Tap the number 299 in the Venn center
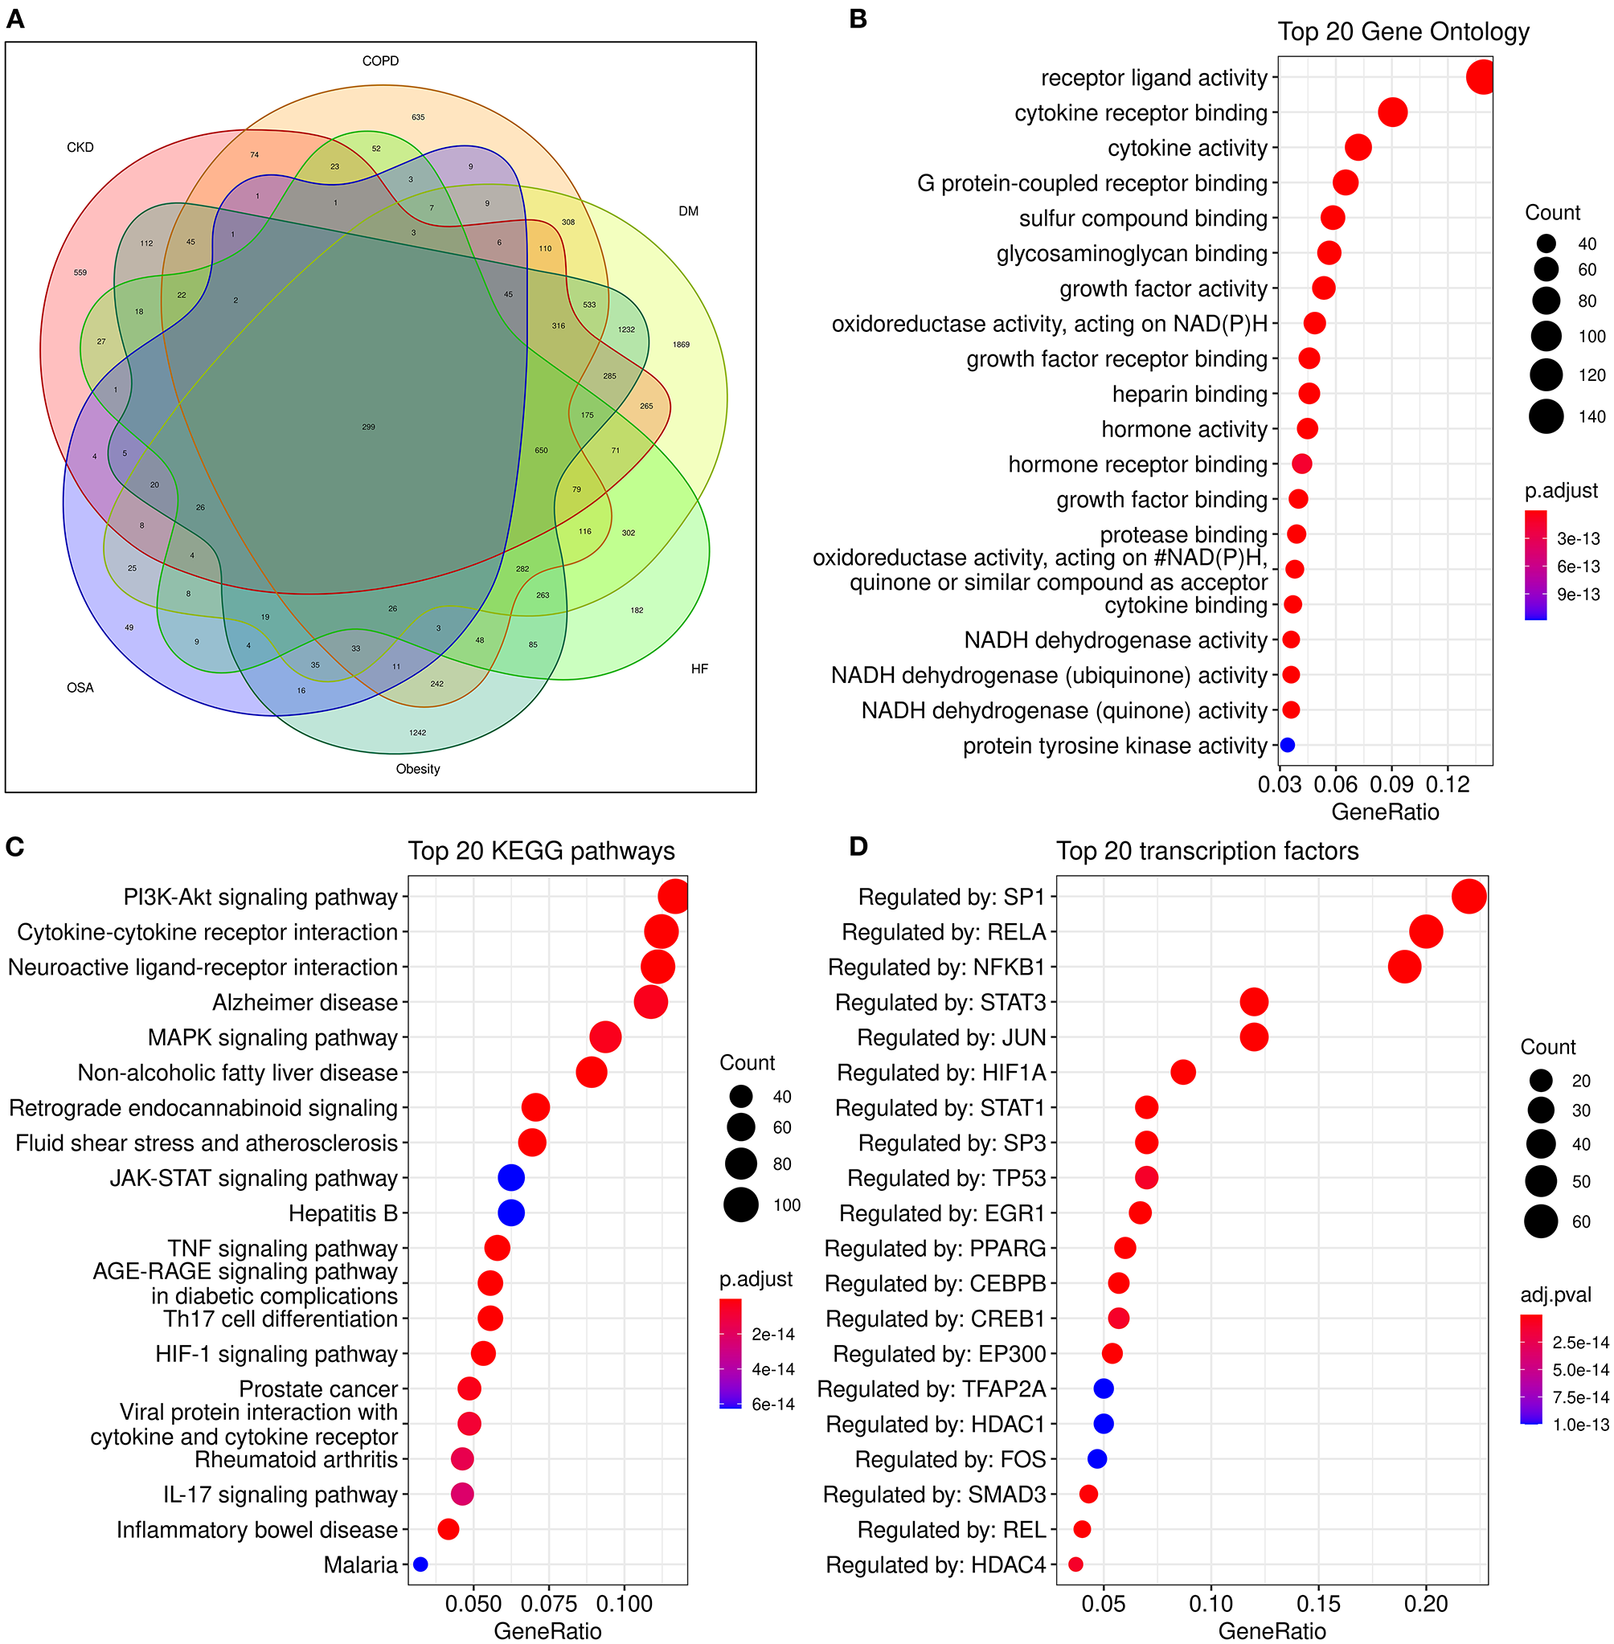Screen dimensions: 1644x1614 click(368, 427)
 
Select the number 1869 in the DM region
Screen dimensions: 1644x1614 click(681, 345)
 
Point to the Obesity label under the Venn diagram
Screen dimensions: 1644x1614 click(418, 769)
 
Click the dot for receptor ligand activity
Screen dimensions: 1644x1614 click(1480, 77)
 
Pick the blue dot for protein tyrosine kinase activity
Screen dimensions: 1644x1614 click(1287, 745)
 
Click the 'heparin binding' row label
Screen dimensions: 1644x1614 click(1190, 394)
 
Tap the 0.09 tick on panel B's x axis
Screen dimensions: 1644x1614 click(1391, 784)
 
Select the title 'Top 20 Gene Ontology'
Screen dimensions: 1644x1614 click(1403, 32)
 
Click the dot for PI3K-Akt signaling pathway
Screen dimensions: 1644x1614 click(674, 897)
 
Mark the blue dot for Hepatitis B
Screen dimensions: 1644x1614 click(511, 1213)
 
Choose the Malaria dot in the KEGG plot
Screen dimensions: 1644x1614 click(420, 1564)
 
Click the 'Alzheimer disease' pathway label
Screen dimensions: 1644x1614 click(305, 1003)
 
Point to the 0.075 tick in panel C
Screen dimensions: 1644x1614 click(548, 1603)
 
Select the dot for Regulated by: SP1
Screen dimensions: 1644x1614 click(1469, 897)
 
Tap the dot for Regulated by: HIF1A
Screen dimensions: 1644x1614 click(1182, 1072)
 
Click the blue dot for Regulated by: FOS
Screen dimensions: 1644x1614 click(1097, 1458)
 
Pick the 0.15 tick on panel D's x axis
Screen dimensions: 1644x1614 click(1318, 1603)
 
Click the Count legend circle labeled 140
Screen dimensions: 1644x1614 click(1546, 416)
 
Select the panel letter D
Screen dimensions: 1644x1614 click(858, 847)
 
